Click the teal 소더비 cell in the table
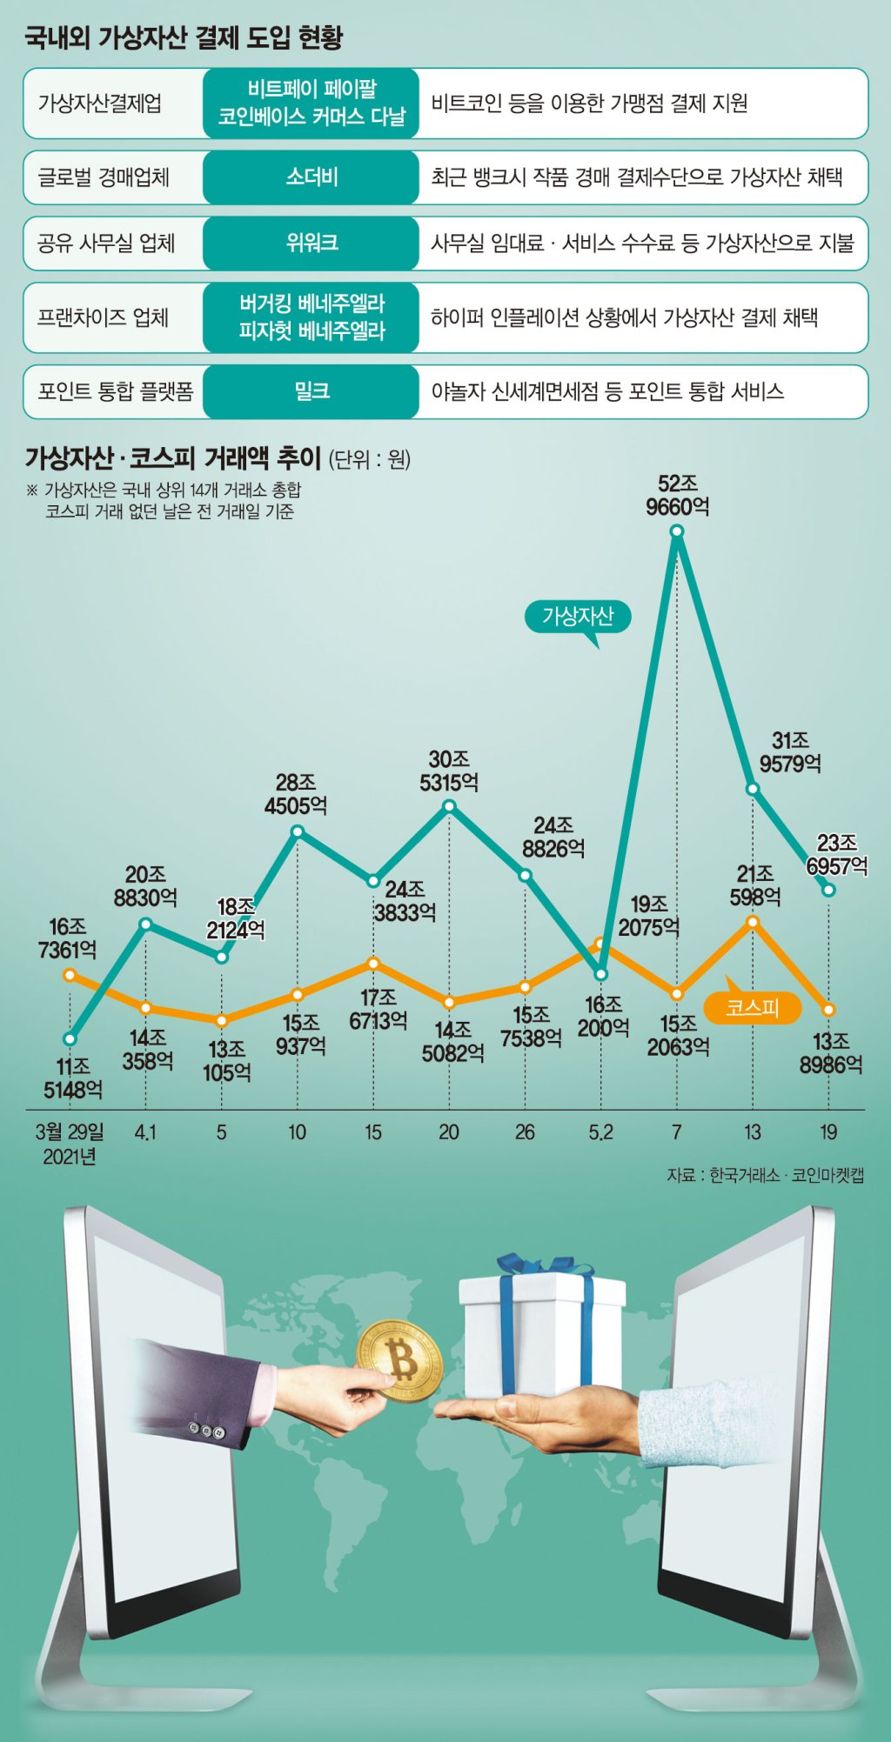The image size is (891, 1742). coord(311,177)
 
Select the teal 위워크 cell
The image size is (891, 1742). coord(311,243)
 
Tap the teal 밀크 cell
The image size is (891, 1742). coord(311,391)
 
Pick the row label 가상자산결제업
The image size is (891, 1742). coord(99,103)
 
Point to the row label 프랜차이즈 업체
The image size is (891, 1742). coord(103,317)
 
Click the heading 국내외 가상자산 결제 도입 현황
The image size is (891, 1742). coord(184,37)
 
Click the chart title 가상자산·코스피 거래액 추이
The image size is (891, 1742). coord(173,457)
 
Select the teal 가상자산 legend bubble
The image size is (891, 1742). coord(578,617)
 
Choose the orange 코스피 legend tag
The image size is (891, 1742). coord(752,1007)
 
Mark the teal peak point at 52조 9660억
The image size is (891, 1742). coord(677,531)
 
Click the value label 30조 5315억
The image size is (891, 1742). coord(449,771)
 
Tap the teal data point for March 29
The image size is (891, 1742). coord(70,1038)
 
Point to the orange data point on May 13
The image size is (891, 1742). coord(753,922)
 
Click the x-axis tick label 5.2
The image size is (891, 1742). coord(600,1132)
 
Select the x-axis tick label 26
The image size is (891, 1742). coord(525,1132)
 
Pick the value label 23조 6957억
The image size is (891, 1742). coord(837,854)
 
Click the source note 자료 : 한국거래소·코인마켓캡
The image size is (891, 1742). coord(765,1175)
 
